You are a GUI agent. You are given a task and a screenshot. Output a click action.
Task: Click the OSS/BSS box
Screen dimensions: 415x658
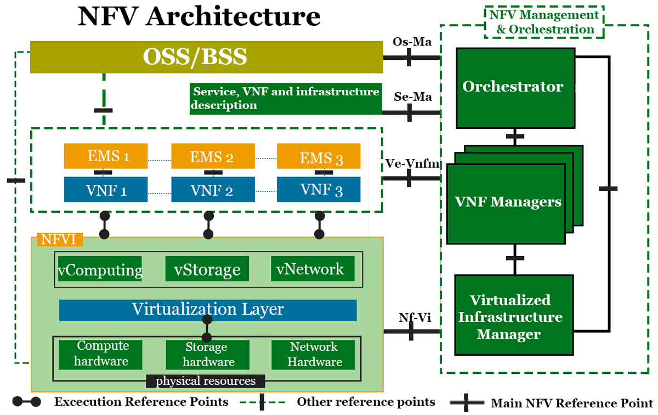[x=206, y=57]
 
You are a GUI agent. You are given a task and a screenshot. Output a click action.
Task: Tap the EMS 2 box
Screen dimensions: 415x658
[x=213, y=156]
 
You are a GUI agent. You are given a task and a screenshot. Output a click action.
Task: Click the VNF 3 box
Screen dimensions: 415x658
[x=319, y=190]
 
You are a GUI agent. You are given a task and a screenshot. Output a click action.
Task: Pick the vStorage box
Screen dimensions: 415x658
[x=207, y=270]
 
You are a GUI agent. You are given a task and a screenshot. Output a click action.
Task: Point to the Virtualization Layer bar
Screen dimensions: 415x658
[x=208, y=310]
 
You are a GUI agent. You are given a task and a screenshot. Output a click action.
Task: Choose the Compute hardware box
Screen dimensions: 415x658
[x=100, y=354]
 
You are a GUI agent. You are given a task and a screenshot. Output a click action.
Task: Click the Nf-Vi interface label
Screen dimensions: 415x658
[x=411, y=317]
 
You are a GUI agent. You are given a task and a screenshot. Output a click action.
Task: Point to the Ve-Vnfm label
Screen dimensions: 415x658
[x=411, y=163]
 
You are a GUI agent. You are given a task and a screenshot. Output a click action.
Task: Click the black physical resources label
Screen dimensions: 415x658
[x=206, y=381]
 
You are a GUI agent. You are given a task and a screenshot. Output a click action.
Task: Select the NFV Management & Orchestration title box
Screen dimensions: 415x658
[x=544, y=22]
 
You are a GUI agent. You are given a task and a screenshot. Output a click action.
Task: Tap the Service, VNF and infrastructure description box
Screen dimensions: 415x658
[x=285, y=99]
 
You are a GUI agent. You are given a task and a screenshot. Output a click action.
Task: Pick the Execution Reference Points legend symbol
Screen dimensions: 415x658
[x=26, y=402]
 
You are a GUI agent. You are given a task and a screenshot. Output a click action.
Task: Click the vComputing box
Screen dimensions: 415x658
[x=100, y=270]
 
